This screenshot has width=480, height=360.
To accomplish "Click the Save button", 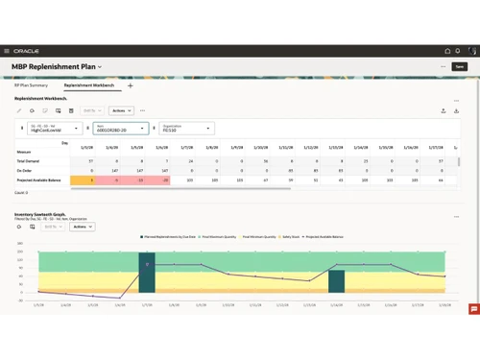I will tap(459, 66).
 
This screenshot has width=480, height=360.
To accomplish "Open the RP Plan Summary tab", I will tap(31, 85).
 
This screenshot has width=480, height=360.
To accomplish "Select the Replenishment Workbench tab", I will tap(89, 85).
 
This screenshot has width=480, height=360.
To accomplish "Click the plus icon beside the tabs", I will tap(131, 85).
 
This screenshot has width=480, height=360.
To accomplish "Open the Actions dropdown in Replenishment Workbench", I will tap(120, 110).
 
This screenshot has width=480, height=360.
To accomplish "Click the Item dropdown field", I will tap(120, 128).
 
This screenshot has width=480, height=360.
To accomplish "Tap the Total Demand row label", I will tap(28, 161).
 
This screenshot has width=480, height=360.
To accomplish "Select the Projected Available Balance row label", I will tap(39, 180).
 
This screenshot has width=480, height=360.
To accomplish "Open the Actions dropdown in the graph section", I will tap(80, 228).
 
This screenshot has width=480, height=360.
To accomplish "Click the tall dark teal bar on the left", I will tap(146, 273).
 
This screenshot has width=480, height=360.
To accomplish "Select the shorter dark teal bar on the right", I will tap(336, 281).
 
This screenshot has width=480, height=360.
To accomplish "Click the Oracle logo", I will tap(27, 51).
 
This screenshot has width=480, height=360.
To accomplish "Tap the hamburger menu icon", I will tap(7, 51).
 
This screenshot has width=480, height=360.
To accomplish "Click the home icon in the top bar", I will tap(447, 51).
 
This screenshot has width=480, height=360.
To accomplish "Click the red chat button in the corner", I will tap(473, 309).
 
